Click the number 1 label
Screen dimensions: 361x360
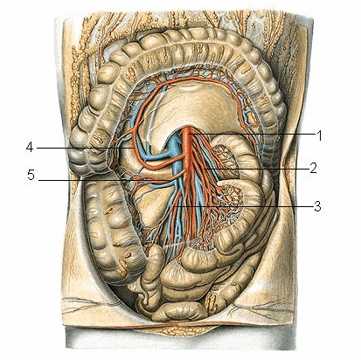[x=320, y=135]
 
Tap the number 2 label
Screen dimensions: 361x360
[x=313, y=168]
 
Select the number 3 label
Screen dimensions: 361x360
[x=317, y=206]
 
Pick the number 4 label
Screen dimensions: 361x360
[x=30, y=148]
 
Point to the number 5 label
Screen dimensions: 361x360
[x=31, y=176]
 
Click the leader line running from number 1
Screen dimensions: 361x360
[x=252, y=134]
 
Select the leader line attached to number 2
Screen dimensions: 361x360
[x=256, y=169]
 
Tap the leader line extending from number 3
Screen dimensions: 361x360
[x=245, y=206]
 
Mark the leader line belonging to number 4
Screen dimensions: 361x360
[x=86, y=148]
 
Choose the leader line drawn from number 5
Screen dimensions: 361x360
[x=104, y=181]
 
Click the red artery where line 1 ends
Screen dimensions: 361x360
[x=188, y=134]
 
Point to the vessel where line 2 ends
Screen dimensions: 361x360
[x=205, y=169]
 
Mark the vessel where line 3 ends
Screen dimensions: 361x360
[x=177, y=206]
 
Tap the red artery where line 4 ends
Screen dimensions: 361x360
[x=135, y=148]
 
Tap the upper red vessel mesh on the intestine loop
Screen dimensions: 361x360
[x=225, y=156]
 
